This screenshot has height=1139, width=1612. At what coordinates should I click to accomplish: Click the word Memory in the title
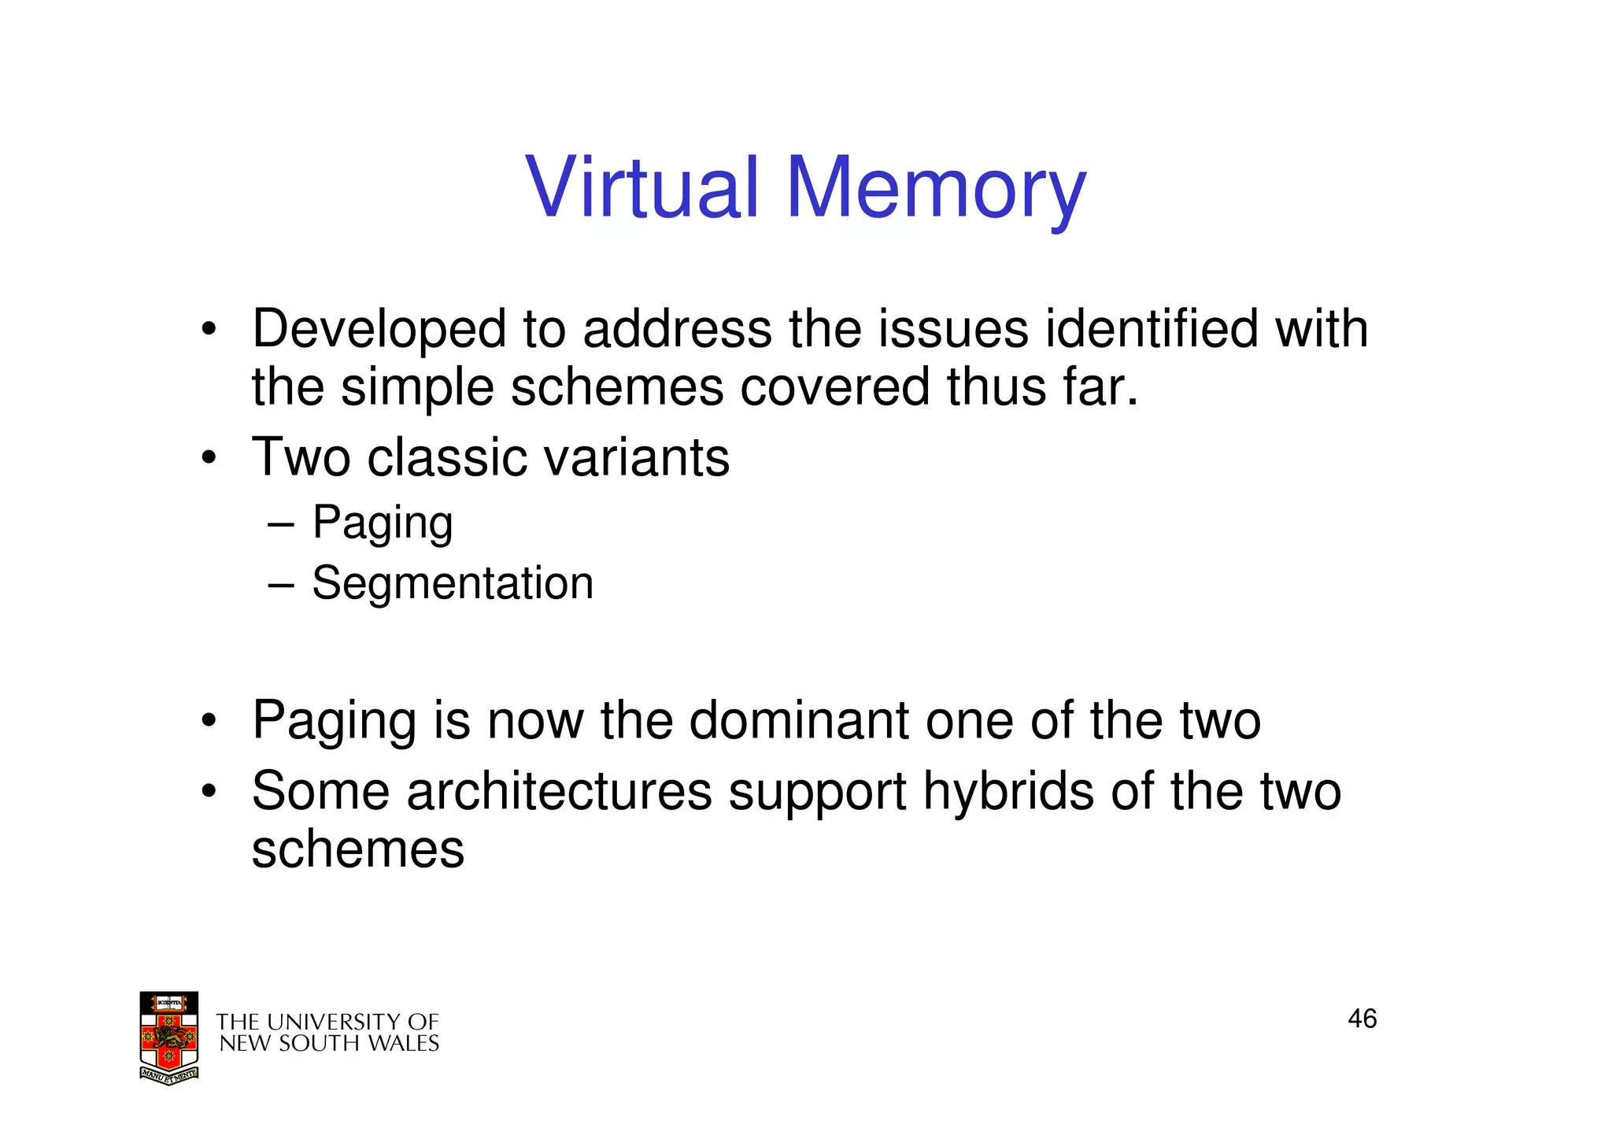coord(936,189)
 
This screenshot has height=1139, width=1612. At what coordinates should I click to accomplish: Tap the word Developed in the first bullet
coord(379,329)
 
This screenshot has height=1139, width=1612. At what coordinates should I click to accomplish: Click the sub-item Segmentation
coord(453,583)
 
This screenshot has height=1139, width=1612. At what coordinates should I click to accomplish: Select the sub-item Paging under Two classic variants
coord(383,523)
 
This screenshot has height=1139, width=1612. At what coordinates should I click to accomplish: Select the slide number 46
coord(1362,1019)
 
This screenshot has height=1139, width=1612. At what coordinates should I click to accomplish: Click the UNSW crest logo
coord(168,1037)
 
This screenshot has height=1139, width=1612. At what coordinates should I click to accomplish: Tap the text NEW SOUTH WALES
coord(328,1044)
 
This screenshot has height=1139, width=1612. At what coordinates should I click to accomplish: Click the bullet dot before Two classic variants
coord(208,458)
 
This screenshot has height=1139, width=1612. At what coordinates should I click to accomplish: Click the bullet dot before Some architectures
coord(208,791)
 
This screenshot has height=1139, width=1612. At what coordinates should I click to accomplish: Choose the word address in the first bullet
coord(677,328)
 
